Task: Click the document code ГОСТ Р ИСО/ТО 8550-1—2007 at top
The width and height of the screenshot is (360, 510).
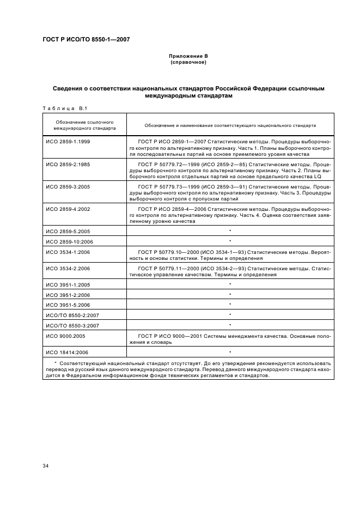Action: [x=86, y=39]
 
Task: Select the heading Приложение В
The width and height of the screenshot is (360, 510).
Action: [x=188, y=57]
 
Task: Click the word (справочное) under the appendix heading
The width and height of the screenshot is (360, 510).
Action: [x=188, y=62]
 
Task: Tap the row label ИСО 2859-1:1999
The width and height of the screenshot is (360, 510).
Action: [x=68, y=141]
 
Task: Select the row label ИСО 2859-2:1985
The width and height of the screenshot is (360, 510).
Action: [x=68, y=163]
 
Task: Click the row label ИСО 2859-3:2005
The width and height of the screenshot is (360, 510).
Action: [x=68, y=186]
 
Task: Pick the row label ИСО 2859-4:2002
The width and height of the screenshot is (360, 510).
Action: [x=68, y=209]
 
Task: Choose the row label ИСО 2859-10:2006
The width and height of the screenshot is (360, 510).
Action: [x=69, y=241]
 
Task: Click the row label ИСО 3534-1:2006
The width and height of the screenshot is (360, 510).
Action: [x=68, y=252]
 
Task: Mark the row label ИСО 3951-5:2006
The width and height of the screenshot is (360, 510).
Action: [x=68, y=305]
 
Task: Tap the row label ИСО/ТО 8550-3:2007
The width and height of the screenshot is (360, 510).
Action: [x=70, y=325]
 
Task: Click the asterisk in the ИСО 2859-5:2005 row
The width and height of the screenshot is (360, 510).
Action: [x=230, y=230]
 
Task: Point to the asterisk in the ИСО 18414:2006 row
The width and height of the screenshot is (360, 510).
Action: [x=230, y=352]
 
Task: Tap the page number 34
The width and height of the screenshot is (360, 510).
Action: [x=46, y=465]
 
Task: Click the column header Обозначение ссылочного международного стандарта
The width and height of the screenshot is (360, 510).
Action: [x=84, y=125]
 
